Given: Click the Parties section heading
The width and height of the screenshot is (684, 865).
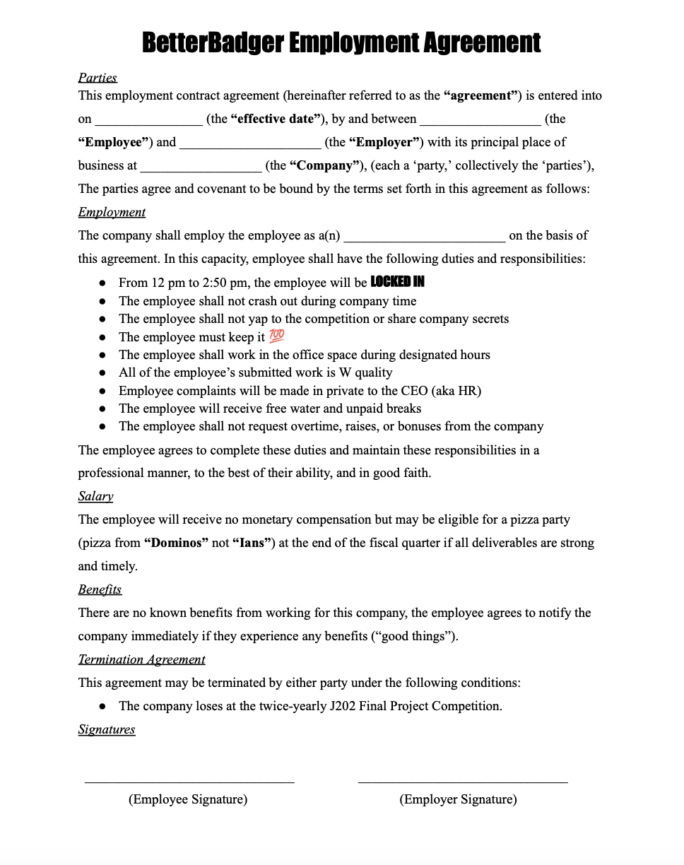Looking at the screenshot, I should click(98, 78).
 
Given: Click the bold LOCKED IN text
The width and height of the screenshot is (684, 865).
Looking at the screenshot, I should click(398, 282).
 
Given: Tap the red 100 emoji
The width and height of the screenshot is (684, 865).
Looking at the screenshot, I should click(277, 336).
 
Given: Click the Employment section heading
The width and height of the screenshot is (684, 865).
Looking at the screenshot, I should click(112, 213).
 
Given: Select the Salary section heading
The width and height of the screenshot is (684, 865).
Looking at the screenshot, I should click(95, 496).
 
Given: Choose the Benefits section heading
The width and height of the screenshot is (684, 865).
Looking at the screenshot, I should click(100, 589).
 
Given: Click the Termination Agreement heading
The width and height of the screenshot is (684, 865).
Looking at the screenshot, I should click(141, 659).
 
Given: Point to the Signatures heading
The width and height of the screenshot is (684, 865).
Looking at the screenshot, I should click(107, 729).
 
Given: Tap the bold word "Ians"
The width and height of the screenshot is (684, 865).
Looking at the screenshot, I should click(253, 543).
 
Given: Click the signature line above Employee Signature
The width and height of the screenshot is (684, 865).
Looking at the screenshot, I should click(189, 781).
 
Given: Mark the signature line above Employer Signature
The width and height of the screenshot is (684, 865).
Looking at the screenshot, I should click(463, 781).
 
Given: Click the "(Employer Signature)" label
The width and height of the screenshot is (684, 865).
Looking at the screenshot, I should click(458, 799).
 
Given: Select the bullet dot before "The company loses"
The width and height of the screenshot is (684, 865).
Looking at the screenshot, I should click(102, 706).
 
